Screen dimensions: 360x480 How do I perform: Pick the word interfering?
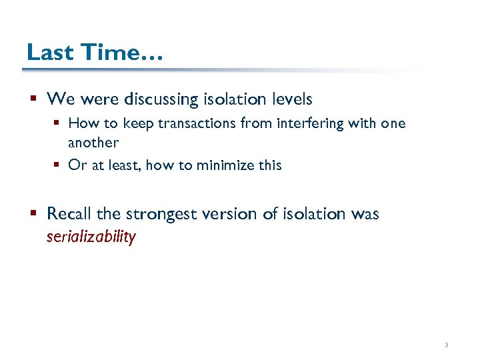pos(301,124)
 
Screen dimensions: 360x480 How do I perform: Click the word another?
pos(93,142)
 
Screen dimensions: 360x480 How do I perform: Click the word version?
pos(229,214)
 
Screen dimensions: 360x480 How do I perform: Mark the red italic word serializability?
pos(91,237)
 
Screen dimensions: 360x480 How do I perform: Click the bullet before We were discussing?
pos(33,100)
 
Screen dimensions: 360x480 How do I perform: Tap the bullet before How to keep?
pos(58,124)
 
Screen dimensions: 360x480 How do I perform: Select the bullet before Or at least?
pos(58,165)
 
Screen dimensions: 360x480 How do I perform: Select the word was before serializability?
pos(365,214)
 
